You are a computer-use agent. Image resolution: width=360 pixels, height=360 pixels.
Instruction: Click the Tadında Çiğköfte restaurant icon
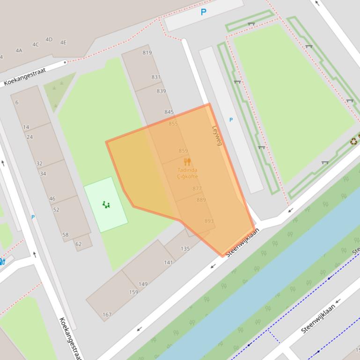coord(187,162)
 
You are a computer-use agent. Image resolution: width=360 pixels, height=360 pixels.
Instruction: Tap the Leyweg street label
coord(216,135)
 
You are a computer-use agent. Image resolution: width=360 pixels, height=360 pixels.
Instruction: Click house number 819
coord(147,52)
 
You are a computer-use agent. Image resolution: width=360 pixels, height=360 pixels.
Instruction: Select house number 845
coord(169,112)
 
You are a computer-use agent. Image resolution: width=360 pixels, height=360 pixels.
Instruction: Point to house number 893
coord(209,221)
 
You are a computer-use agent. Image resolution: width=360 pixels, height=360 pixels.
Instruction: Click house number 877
coord(197,189)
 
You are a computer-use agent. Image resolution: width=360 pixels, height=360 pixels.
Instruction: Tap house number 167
coord(107,315)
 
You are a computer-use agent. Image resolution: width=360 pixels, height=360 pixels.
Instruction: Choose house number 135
coord(185,248)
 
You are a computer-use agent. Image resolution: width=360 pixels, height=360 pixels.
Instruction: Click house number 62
coord(78,244)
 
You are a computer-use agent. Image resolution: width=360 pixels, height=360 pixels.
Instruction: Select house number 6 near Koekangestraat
coord(17,102)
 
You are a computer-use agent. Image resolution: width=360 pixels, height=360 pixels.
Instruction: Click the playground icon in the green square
coord(106,204)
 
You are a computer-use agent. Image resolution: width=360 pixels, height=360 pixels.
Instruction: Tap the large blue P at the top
coord(203,12)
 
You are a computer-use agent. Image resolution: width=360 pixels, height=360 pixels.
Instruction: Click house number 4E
coord(63,43)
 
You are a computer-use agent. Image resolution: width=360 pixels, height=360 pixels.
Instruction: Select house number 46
coord(52,198)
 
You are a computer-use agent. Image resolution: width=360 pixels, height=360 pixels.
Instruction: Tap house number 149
coord(143,284)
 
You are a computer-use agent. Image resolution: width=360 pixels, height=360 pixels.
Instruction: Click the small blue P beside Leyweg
coord(231,120)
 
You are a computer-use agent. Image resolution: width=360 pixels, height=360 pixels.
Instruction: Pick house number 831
coord(156,77)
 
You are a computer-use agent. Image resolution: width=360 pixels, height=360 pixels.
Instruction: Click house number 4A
coord(19,50)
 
